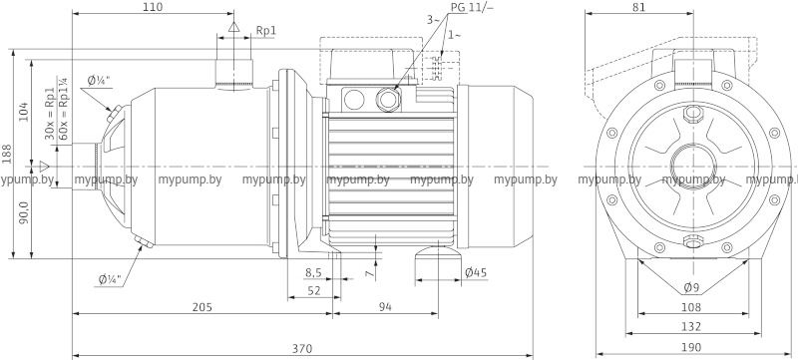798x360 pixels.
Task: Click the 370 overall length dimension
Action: [302, 349]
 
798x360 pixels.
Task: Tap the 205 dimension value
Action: [202, 307]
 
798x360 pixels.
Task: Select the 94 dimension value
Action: [385, 307]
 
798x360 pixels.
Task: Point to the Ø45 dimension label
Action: [476, 273]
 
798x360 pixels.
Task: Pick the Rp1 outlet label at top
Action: [265, 31]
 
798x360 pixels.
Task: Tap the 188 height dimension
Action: [6, 154]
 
